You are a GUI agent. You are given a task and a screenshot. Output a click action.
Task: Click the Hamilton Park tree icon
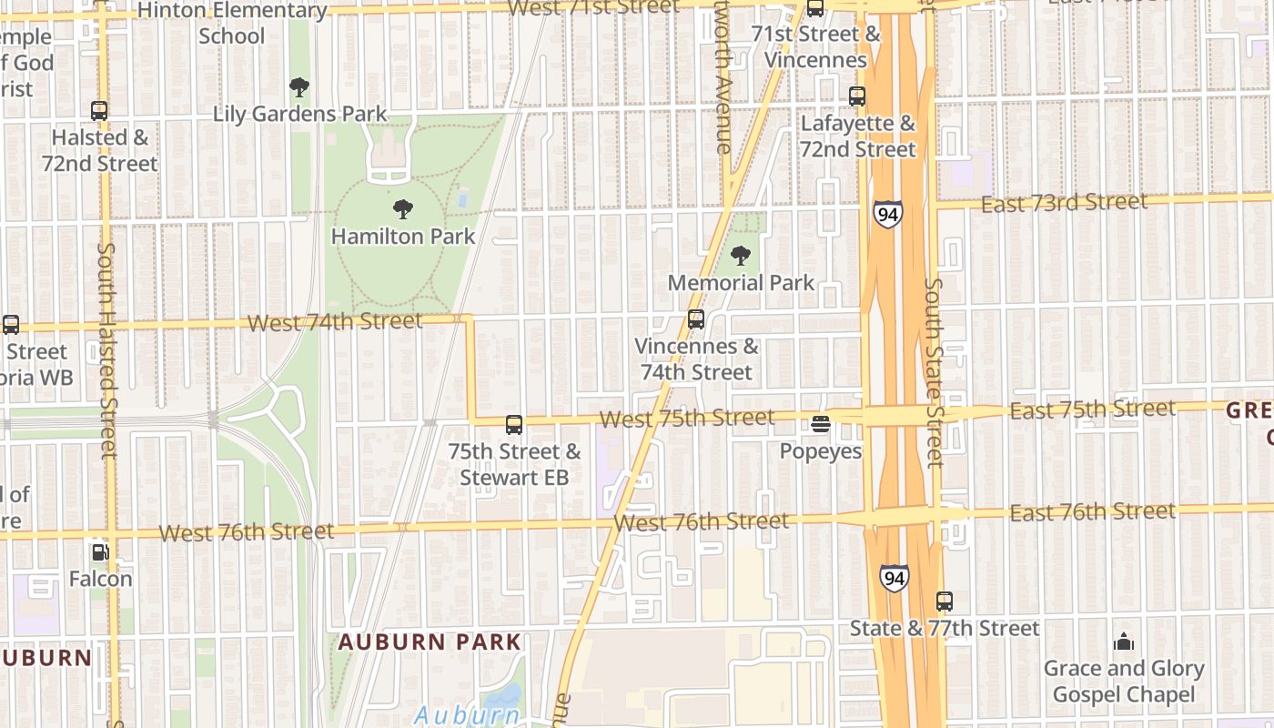402,209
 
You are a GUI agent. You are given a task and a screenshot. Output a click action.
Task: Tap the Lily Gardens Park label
299,114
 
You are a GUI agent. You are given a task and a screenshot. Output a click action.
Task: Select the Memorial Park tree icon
741,256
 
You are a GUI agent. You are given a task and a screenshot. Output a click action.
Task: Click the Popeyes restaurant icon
820,423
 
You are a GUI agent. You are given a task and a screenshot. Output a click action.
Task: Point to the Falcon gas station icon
100,551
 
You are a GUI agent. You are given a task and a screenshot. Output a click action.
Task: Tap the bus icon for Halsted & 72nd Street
99,111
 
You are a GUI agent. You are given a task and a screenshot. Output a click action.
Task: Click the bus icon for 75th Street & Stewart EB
514,424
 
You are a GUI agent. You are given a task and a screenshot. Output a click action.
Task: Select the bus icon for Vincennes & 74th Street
696,319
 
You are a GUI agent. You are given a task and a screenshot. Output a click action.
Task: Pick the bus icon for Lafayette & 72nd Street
856,96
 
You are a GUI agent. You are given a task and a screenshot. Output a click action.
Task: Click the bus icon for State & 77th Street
945,602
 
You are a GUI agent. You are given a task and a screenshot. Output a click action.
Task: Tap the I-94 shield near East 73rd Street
887,214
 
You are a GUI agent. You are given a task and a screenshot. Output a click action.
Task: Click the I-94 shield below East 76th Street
894,578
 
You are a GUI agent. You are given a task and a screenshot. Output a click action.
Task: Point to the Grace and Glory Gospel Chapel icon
1124,642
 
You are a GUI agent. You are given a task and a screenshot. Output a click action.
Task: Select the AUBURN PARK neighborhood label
430,642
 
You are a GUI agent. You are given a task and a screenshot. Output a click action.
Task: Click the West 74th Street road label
335,322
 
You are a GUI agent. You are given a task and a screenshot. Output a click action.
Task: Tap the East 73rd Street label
1064,203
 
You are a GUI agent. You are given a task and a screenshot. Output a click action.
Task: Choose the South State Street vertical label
934,372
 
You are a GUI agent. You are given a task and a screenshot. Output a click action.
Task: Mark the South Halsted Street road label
107,350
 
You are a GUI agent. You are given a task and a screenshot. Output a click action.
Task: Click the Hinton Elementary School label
232,24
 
